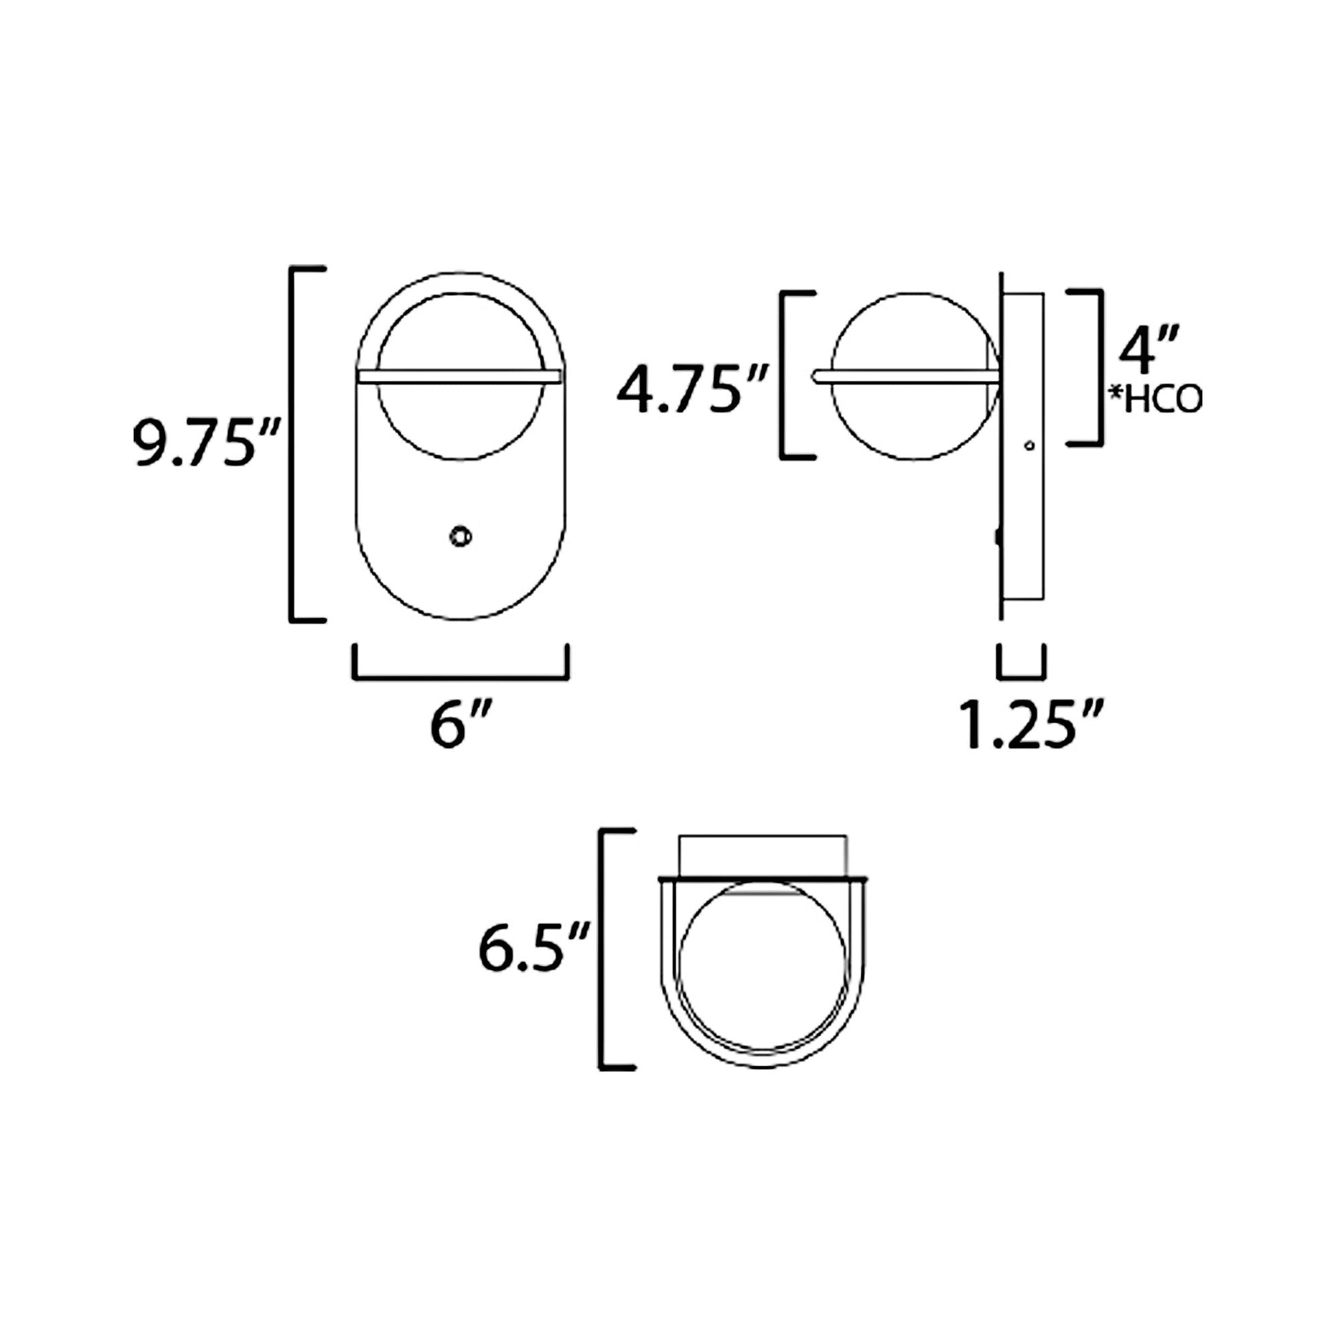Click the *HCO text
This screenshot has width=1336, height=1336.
pos(1154,400)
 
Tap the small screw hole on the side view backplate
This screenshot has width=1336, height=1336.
pos(1029,446)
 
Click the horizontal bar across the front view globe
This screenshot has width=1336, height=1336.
pos(461,376)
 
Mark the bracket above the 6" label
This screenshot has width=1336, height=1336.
pos(461,676)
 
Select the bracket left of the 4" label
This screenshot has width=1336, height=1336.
pos(1097,367)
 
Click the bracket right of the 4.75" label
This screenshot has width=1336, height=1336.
pos(783,375)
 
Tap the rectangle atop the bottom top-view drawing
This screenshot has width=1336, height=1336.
pos(763,855)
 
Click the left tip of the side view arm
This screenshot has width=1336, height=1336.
pos(815,376)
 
